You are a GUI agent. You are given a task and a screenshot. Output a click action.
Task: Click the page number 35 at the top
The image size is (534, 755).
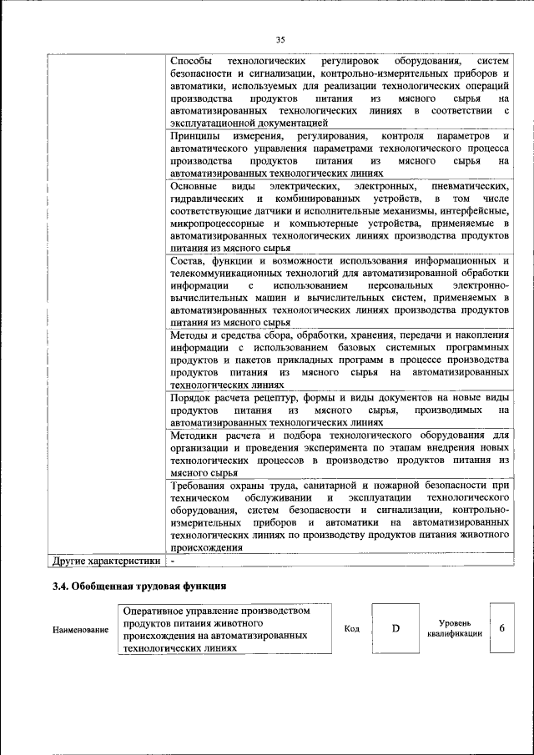(280, 38)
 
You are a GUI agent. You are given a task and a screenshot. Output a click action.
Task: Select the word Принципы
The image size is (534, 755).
(193, 136)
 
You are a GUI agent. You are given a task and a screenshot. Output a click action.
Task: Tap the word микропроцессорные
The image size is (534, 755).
(214, 224)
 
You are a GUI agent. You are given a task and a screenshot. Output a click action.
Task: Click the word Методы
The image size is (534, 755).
(189, 335)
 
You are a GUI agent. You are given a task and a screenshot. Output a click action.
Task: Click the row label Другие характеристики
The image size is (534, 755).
(105, 561)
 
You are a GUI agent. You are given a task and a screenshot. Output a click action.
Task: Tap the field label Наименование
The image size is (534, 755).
(80, 630)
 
